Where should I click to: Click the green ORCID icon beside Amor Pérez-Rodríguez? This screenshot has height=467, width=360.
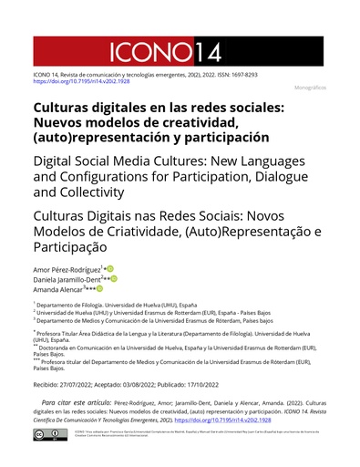pos(110,270)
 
